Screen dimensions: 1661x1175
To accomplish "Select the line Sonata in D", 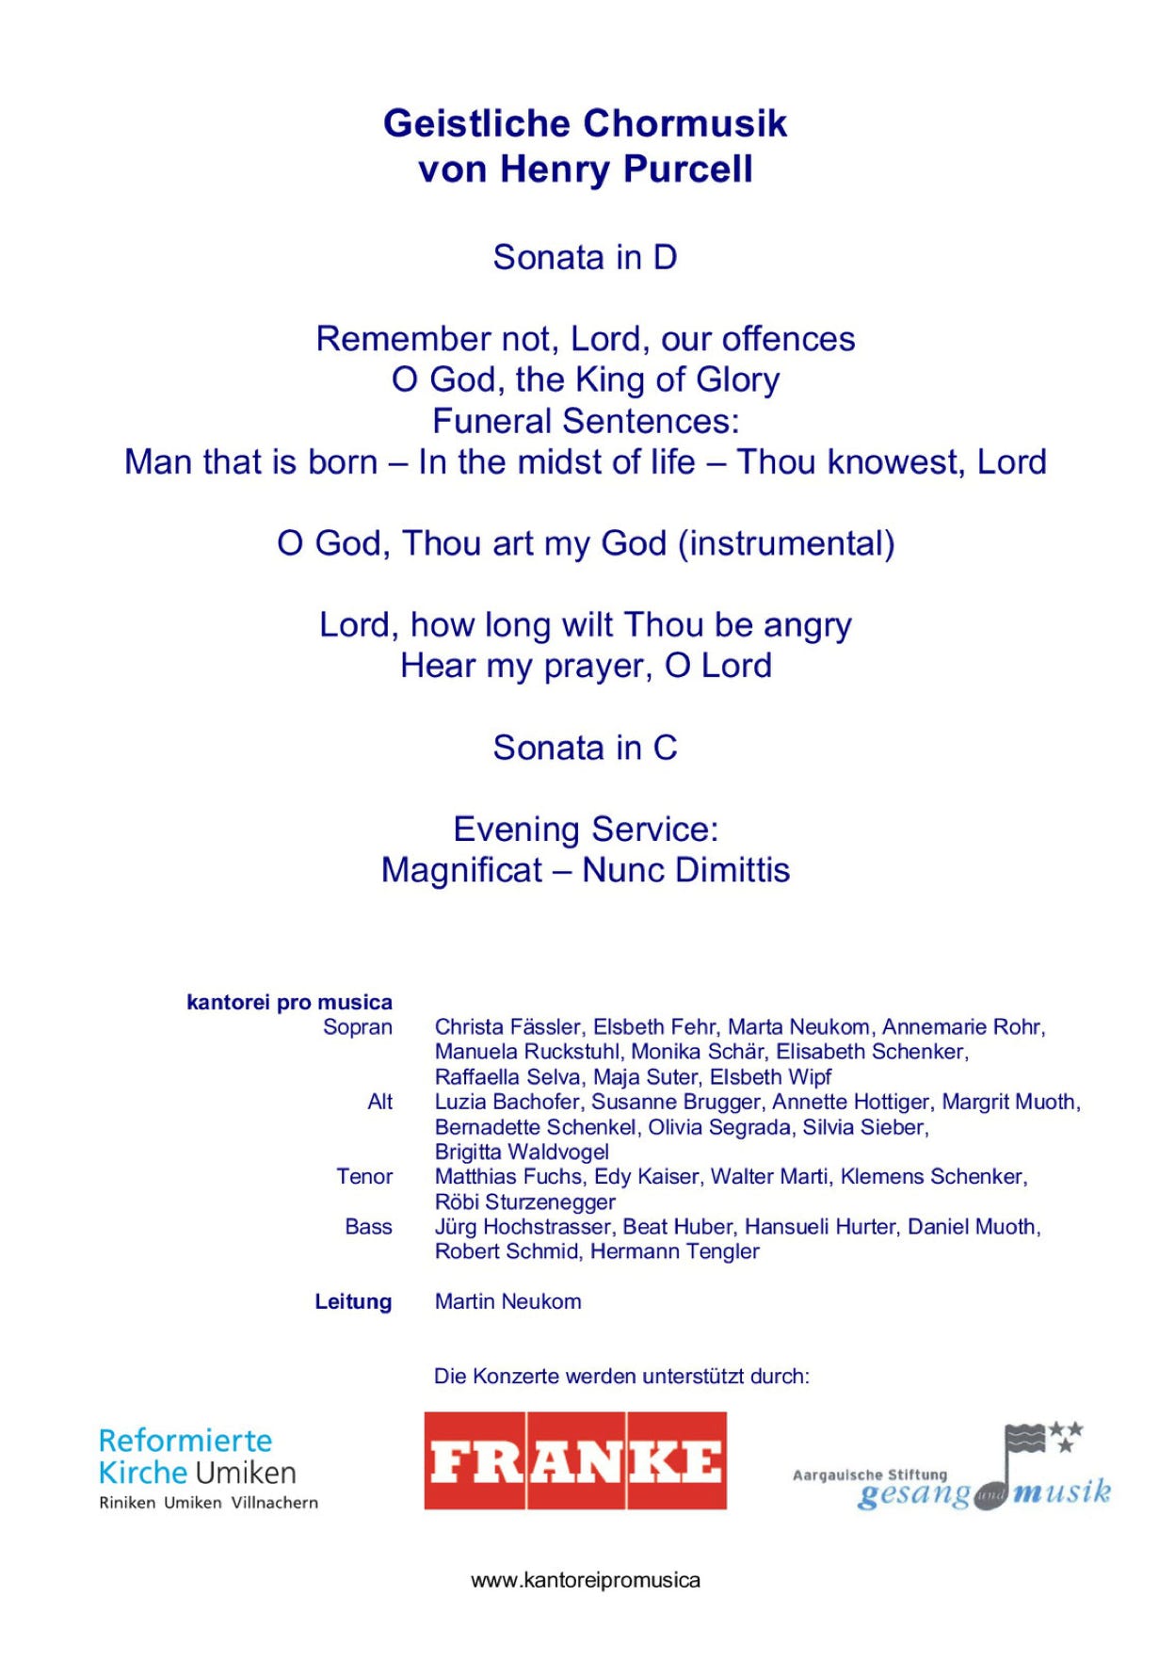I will (585, 257).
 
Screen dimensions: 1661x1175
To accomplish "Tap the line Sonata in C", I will (585, 748).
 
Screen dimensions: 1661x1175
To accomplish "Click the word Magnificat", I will (461, 870).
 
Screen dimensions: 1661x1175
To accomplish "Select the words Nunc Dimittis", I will (685, 870).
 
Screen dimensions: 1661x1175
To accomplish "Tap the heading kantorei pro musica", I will (289, 1002).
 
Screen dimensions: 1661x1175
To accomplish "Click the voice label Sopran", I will (357, 1027).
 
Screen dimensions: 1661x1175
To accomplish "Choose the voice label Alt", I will (379, 1102).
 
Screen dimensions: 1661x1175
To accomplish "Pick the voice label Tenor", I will (364, 1177).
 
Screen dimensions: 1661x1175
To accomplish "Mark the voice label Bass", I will (368, 1227).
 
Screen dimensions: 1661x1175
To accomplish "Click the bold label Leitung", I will (353, 1302).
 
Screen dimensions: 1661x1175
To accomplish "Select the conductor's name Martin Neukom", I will (507, 1302).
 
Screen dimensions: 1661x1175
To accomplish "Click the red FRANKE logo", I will (574, 1460).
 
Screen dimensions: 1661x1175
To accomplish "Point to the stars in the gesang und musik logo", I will (1066, 1436).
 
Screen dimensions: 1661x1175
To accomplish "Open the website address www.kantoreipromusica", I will (585, 1580).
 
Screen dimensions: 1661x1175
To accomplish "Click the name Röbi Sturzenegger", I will (524, 1202).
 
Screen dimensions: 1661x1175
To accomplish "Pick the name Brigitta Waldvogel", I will (522, 1153).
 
